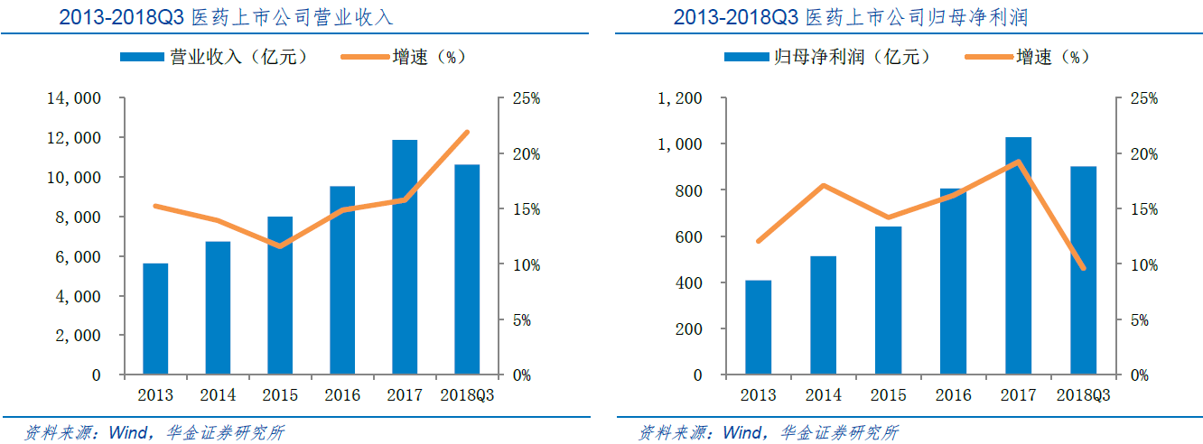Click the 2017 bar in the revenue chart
pos(405,257)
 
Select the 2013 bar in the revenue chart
pos(155,319)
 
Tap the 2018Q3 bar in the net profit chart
pos(1083,270)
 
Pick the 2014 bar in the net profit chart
pos(823,315)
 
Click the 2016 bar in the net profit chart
pos(953,281)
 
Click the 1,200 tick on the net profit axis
pos(681,98)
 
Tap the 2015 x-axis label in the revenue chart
pos(280,395)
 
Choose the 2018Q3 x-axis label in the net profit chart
pos(1083,395)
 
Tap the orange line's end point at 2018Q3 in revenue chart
pos(467,132)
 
